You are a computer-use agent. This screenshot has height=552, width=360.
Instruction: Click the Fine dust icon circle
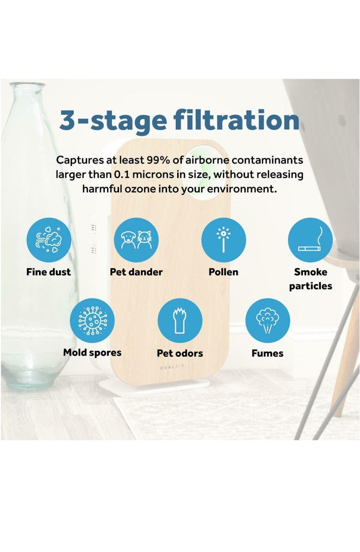click(49, 240)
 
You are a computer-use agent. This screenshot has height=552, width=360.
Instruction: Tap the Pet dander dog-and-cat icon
click(136, 240)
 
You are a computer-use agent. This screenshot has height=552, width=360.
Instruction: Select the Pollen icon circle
click(223, 240)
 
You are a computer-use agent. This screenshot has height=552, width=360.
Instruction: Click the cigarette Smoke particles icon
click(310, 240)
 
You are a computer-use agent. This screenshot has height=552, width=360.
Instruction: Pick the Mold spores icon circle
click(92, 321)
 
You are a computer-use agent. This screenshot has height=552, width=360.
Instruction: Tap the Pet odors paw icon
click(180, 321)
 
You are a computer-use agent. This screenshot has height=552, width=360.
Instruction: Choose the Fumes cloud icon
click(267, 321)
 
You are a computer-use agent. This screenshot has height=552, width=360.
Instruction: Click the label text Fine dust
click(48, 272)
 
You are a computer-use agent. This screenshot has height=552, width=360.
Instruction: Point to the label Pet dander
click(136, 272)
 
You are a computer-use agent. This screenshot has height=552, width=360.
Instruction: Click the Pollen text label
click(223, 272)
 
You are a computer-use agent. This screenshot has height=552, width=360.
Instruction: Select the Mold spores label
click(92, 353)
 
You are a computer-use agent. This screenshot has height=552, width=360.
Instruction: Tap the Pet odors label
click(180, 353)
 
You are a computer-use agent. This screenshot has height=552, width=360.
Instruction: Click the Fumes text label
click(267, 353)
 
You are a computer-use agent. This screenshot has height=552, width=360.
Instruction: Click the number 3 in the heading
click(67, 120)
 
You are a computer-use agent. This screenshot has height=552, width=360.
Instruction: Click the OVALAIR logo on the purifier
click(172, 367)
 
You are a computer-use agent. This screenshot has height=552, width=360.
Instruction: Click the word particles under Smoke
click(310, 286)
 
